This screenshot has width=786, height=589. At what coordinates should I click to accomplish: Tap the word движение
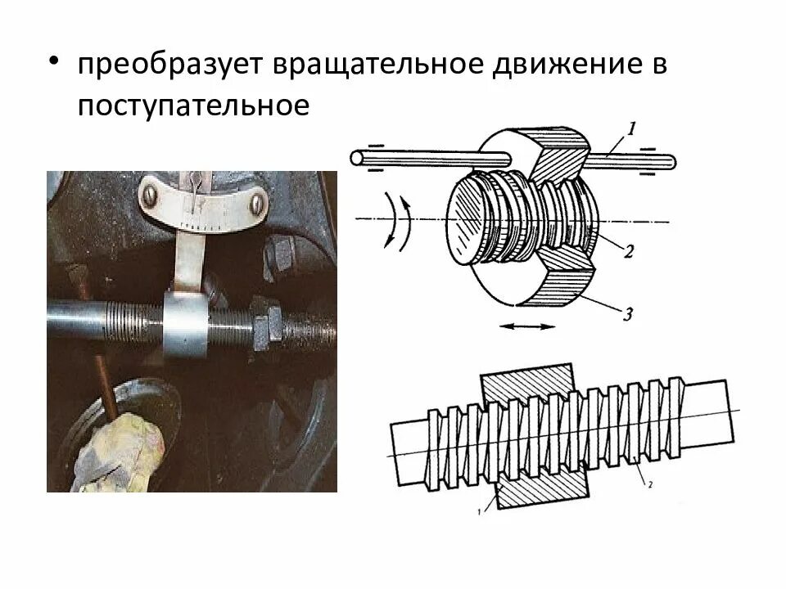[562, 66]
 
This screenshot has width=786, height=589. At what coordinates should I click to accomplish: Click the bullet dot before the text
[54, 64]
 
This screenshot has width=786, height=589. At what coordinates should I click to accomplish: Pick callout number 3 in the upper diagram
[629, 312]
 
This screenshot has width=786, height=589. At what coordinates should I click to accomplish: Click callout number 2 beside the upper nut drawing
[628, 251]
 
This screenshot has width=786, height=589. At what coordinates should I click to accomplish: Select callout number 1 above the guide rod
[632, 128]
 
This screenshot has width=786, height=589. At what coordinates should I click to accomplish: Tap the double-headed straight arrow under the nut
[521, 326]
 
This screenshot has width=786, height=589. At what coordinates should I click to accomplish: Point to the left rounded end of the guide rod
[356, 157]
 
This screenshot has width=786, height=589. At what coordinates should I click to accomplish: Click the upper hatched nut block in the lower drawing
[530, 383]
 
